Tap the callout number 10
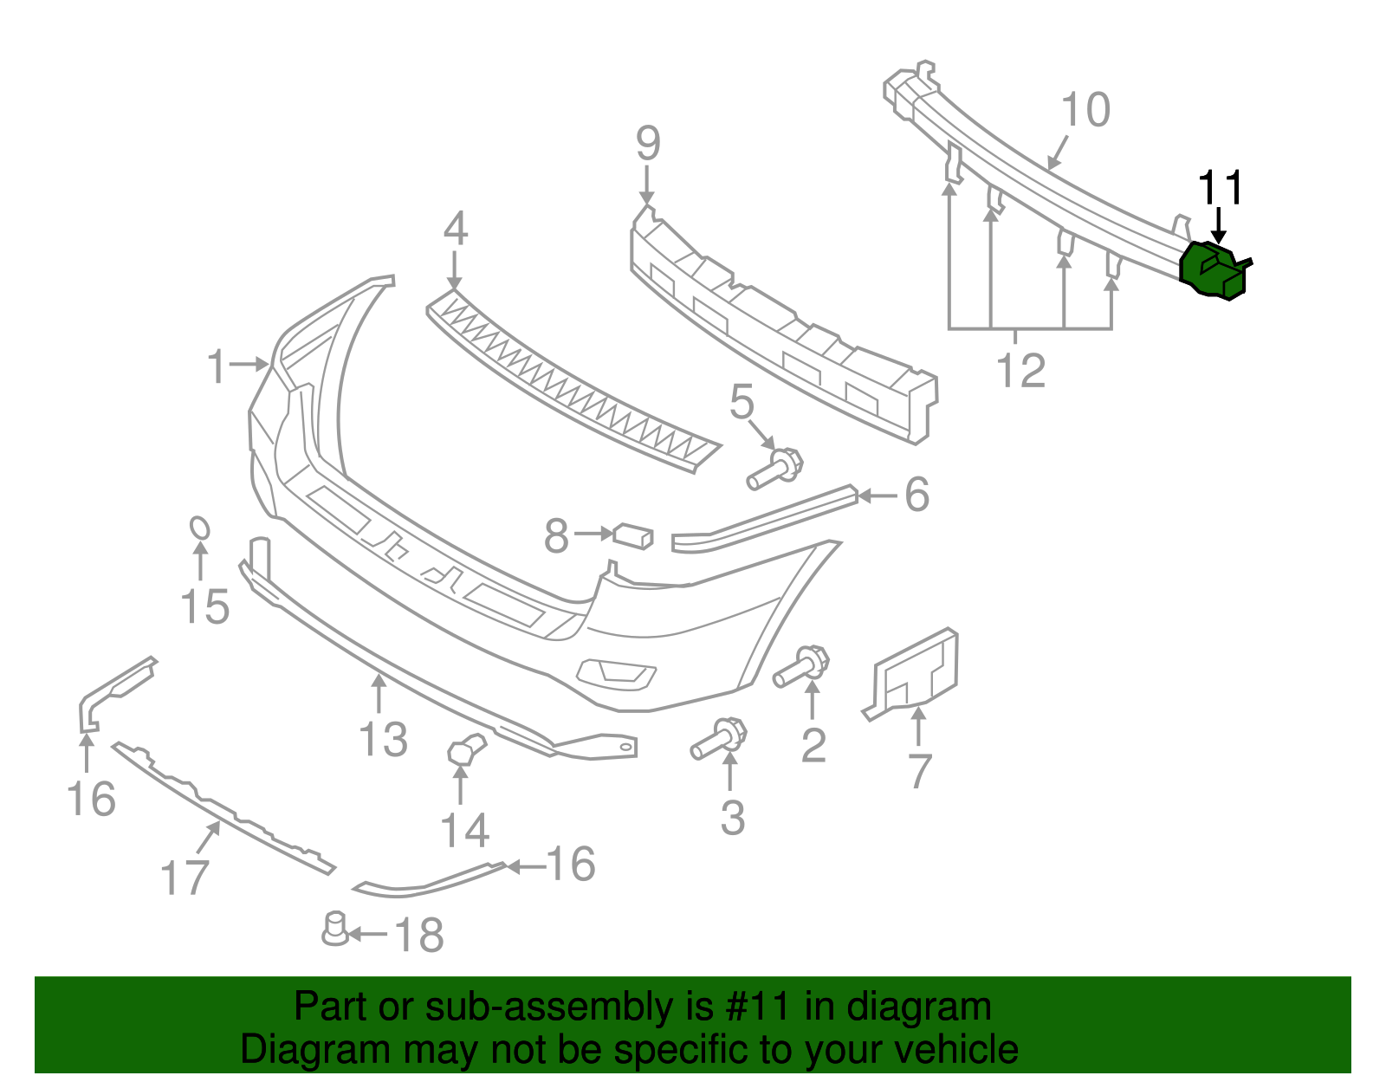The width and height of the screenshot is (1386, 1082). pos(1085,111)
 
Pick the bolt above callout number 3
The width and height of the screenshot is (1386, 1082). pos(719,739)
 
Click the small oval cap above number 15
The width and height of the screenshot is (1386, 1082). pos(199,528)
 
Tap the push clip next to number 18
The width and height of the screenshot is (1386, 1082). pos(334,929)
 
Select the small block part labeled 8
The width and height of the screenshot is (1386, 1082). pos(633,536)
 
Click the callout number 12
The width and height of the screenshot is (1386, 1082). pos(1021,371)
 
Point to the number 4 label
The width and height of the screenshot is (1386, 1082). pos(456,229)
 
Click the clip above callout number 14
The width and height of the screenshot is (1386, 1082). pos(465,749)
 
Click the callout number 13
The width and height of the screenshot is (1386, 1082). pos(383,739)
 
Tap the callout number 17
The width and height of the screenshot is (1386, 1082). pos(185,878)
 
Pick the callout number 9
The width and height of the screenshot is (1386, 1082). pos(648,143)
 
